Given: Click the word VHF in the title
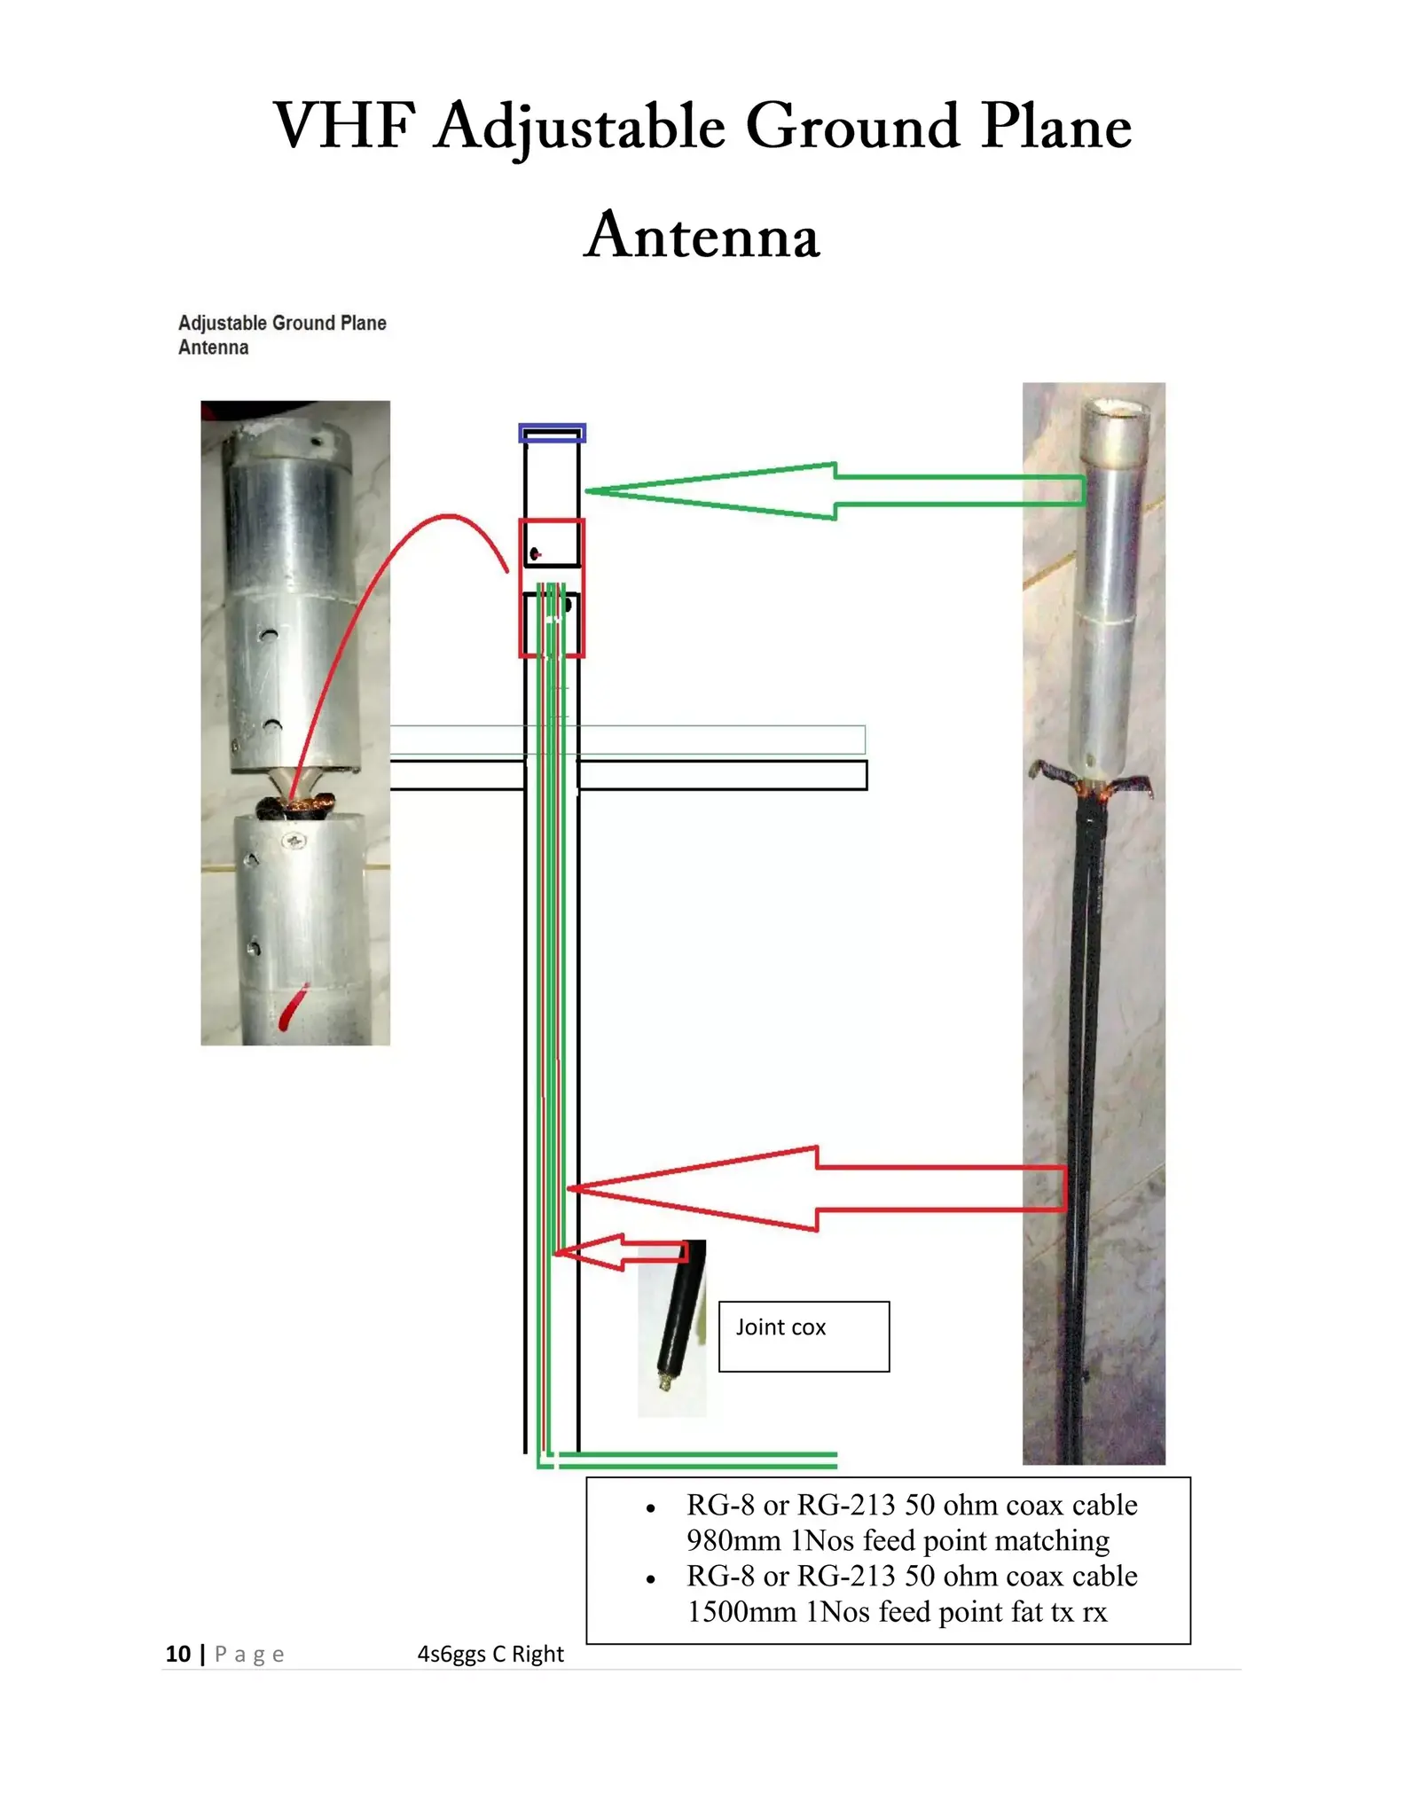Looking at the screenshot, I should click(344, 126).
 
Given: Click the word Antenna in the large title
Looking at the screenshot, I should click(702, 236).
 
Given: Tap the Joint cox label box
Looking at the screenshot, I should click(803, 1336).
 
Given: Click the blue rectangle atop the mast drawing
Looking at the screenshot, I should click(552, 434).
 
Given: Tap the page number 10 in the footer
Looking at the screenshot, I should click(178, 1654).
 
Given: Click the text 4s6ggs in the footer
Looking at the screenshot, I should click(451, 1654).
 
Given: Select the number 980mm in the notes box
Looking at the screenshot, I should click(733, 1541).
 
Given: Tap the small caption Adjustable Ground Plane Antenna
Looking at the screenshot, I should click(281, 334).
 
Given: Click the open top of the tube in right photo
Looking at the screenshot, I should click(1115, 410).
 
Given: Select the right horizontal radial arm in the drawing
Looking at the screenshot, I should click(722, 775).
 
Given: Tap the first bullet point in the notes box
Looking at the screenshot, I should click(652, 1508).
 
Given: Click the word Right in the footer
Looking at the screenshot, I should click(537, 1654).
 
